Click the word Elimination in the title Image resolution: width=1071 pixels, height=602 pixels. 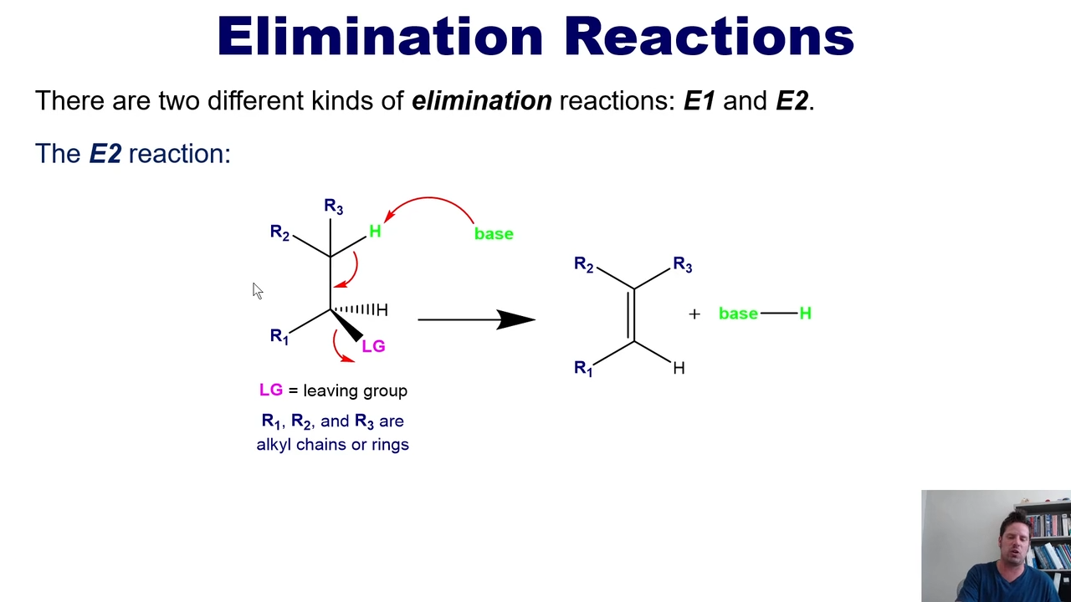point(380,36)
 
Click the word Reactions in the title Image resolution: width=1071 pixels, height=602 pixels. point(710,36)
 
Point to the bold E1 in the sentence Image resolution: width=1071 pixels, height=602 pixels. point(699,101)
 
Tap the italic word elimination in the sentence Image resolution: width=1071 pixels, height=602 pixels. point(482,101)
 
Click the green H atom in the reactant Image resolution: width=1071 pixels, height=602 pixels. point(375,232)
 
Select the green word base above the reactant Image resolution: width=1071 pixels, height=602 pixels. point(494,233)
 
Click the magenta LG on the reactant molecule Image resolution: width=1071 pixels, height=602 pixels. point(373,346)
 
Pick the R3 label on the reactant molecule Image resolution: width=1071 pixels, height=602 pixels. point(333,207)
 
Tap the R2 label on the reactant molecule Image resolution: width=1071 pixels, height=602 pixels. point(279,232)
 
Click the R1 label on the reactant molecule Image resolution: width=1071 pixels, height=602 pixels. point(279,336)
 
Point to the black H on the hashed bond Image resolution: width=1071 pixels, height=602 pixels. point(382,310)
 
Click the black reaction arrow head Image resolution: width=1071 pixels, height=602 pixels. point(516,319)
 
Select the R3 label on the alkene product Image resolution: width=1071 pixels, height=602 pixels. point(683,264)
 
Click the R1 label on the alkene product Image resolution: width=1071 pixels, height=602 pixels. point(583,369)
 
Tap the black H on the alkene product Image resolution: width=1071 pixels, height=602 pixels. point(679,368)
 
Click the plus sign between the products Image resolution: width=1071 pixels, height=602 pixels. point(694,314)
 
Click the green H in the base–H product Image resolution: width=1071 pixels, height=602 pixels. point(806,314)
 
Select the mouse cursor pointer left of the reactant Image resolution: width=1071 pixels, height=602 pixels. point(257,290)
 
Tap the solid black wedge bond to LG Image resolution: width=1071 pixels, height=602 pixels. point(346,325)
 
